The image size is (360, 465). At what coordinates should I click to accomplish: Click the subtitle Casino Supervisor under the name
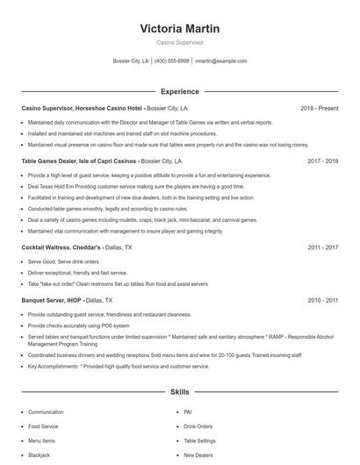pyautogui.click(x=179, y=42)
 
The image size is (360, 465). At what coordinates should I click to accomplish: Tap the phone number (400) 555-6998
pyautogui.click(x=172, y=61)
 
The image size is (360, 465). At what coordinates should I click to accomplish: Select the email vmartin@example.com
pyautogui.click(x=220, y=61)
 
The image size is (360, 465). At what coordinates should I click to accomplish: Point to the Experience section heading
pyautogui.click(x=179, y=91)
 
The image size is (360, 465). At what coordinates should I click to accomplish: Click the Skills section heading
pyautogui.click(x=179, y=392)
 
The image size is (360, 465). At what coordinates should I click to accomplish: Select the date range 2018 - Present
pyautogui.click(x=319, y=108)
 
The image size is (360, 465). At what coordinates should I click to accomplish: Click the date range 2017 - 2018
pyautogui.click(x=322, y=161)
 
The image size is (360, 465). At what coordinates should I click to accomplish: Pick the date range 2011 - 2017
pyautogui.click(x=322, y=248)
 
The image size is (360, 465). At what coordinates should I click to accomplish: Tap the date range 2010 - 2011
pyautogui.click(x=322, y=300)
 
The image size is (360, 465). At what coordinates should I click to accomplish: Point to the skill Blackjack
pyautogui.click(x=39, y=455)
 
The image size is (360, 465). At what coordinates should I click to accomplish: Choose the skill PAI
pyautogui.click(x=187, y=411)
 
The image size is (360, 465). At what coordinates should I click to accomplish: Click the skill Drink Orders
pyautogui.click(x=198, y=426)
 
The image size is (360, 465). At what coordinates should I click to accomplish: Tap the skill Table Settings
pyautogui.click(x=199, y=440)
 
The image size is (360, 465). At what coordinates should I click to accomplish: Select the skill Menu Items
pyautogui.click(x=41, y=440)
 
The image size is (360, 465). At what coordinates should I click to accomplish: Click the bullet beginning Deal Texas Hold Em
pyautogui.click(x=123, y=187)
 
